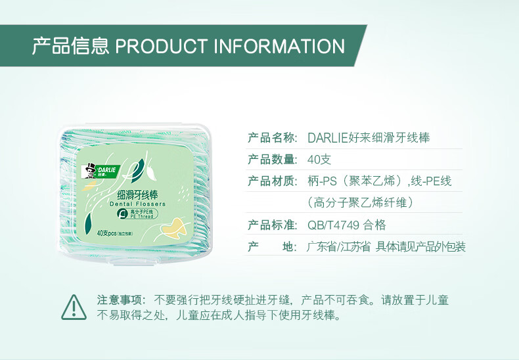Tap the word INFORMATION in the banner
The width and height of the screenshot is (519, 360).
[278, 47]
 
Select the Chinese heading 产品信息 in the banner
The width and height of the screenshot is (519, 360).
[70, 47]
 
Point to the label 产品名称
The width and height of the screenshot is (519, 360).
[273, 138]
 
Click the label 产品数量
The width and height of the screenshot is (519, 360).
[273, 160]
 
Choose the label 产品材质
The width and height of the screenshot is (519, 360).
[273, 181]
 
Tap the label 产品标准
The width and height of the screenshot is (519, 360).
[273, 225]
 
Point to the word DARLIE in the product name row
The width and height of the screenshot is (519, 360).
[330, 138]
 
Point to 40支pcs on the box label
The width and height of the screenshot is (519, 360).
[107, 232]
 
